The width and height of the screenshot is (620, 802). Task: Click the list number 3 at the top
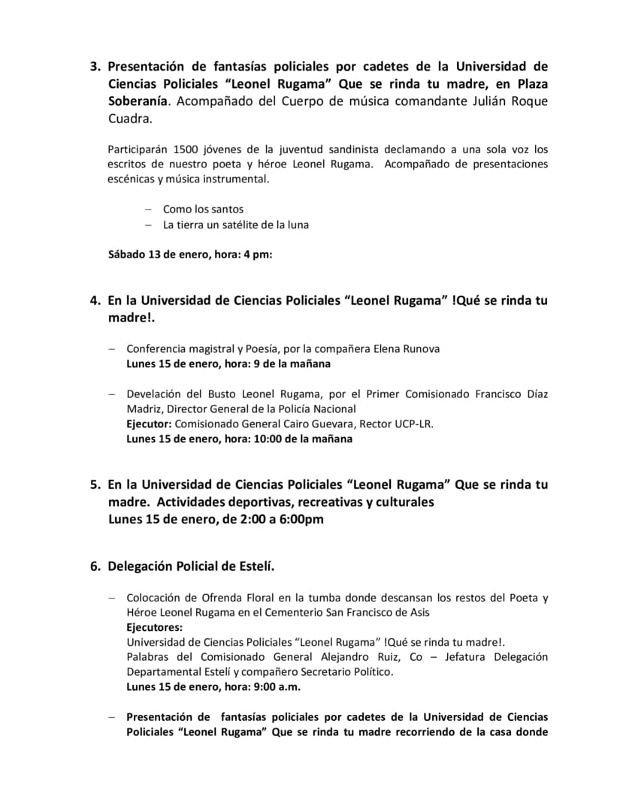(95, 66)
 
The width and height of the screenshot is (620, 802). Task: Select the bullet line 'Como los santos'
(203, 209)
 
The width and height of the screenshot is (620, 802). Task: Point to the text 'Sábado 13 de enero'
(153, 254)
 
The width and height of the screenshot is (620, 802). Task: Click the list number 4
(95, 300)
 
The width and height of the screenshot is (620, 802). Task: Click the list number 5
(95, 484)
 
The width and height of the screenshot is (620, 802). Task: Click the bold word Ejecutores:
(154, 627)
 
